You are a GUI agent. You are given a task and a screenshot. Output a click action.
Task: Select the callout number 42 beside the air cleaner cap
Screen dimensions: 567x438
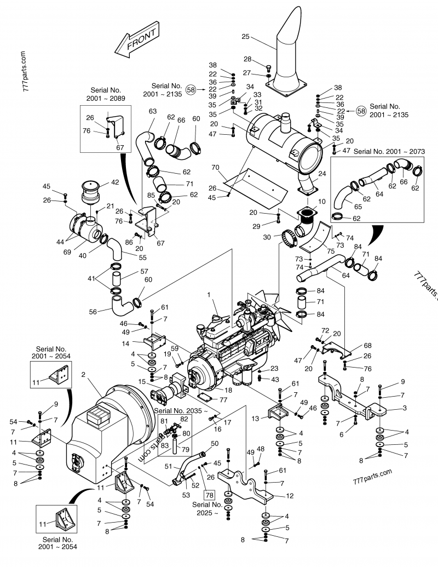click(116, 182)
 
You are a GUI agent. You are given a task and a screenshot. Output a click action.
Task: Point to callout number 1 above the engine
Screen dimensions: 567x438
click(209, 295)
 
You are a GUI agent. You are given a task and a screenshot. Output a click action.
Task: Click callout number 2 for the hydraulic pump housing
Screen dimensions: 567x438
click(83, 374)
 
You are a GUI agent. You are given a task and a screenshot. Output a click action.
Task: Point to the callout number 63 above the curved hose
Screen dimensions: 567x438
click(152, 112)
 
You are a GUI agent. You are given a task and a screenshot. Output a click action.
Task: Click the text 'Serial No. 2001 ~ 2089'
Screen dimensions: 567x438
click(106, 94)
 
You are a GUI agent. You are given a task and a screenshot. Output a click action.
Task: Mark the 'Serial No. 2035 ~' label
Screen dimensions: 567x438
click(181, 410)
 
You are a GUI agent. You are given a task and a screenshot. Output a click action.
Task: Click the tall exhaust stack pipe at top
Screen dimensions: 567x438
click(288, 49)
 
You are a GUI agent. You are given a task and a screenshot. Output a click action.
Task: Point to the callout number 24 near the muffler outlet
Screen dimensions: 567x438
click(321, 174)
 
